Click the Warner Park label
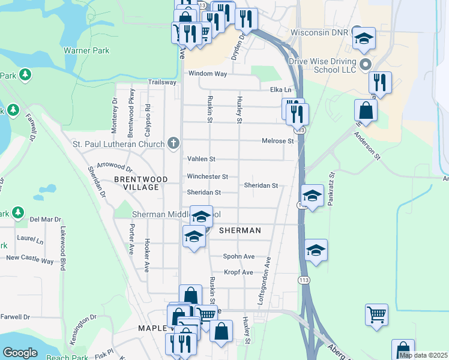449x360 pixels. [x=86, y=51]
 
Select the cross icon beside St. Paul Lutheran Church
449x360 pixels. [x=173, y=143]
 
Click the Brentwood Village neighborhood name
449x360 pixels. [x=137, y=183]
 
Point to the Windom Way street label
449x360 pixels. [x=208, y=74]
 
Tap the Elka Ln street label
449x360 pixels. [x=280, y=90]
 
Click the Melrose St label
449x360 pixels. [x=277, y=141]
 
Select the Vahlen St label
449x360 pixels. [x=201, y=159]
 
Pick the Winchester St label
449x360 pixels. [x=207, y=177]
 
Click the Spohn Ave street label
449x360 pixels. [x=239, y=256]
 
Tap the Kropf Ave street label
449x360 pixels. [x=238, y=272]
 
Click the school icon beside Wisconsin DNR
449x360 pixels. [x=363, y=38]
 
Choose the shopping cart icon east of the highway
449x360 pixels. [x=376, y=313]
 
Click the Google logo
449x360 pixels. [x=20, y=353]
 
